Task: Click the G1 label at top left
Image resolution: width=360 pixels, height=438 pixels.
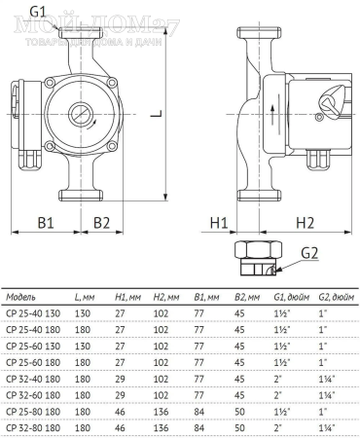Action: (x=38, y=12)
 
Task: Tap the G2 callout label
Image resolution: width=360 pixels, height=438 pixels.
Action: (x=309, y=253)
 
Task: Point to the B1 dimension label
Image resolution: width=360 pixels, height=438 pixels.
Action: (x=46, y=223)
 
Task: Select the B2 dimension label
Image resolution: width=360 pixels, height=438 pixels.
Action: (x=101, y=223)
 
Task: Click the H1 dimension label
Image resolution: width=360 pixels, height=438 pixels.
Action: (x=219, y=223)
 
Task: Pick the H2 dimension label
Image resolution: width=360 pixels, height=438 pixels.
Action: (x=305, y=223)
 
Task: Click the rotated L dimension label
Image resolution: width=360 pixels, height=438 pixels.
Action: (x=156, y=114)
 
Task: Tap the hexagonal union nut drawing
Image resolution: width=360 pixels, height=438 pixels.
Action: (x=258, y=258)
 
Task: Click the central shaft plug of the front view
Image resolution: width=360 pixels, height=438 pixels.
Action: (x=81, y=114)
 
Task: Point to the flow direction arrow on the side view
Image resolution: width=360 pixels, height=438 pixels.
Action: (x=272, y=114)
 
